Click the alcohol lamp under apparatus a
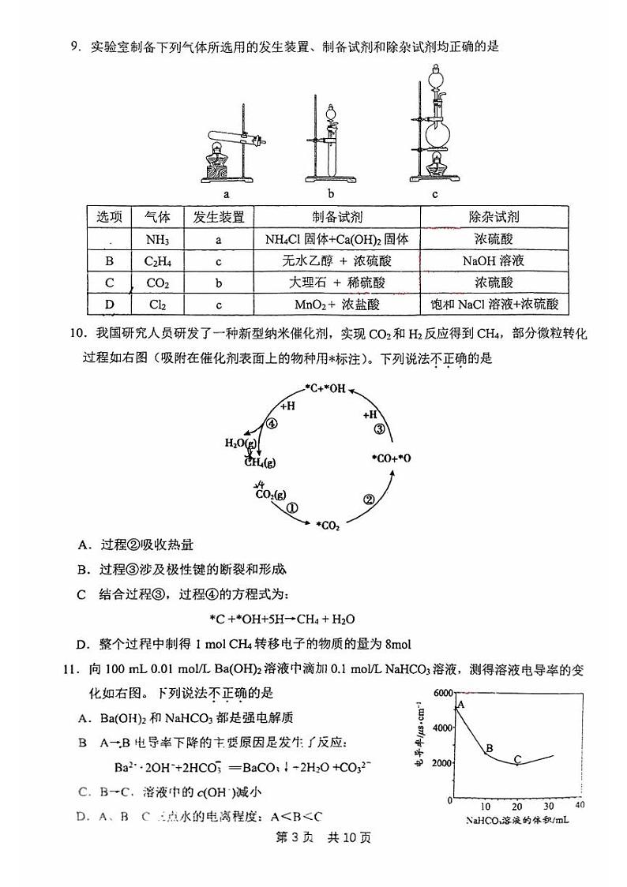point(219,162)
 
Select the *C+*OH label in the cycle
point(325,388)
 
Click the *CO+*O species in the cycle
point(391,458)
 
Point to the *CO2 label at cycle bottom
point(327,526)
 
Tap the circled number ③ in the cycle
point(378,429)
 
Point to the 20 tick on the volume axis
point(517,805)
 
